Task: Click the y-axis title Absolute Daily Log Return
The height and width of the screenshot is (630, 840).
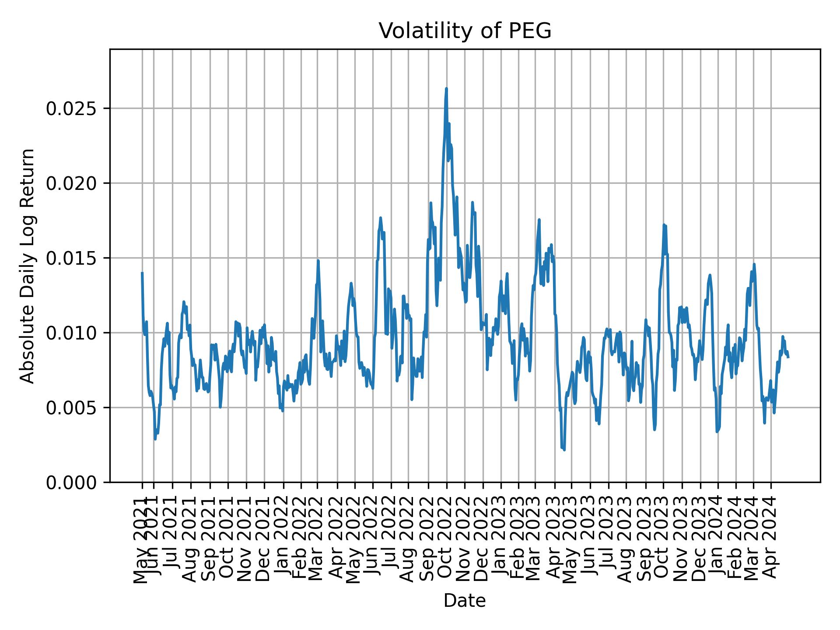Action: pos(28,266)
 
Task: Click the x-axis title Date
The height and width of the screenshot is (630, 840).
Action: pos(465,601)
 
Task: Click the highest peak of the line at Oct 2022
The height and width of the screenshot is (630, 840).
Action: pos(446,89)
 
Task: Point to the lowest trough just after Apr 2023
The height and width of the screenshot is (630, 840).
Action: pos(564,449)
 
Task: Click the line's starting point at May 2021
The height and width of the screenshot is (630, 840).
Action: pos(142,273)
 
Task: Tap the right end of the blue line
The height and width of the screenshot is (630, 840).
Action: pos(788,357)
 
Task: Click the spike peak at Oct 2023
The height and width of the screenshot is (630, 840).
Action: pos(664,225)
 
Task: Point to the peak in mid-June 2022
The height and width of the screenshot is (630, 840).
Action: pos(380,218)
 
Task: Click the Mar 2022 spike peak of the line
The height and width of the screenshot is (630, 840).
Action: pos(318,261)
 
